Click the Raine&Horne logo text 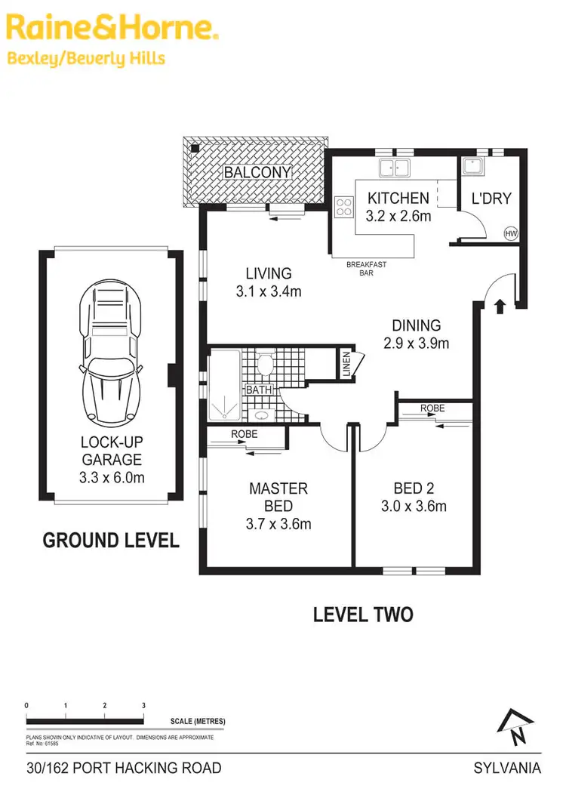click(112, 29)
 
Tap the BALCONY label click(257, 172)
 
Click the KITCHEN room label click(398, 199)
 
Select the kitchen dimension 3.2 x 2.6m click(398, 217)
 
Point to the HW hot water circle click(511, 234)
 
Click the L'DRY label click(491, 199)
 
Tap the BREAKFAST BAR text click(366, 269)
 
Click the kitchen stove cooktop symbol click(344, 207)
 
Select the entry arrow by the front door click(498, 306)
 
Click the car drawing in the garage click(112, 352)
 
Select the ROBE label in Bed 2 click(433, 408)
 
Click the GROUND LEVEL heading click(110, 541)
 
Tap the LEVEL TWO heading click(363, 615)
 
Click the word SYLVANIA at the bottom click(507, 769)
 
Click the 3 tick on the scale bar click(143, 705)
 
